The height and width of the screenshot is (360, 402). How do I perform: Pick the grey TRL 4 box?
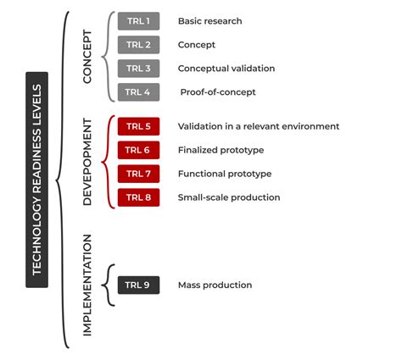click(x=136, y=91)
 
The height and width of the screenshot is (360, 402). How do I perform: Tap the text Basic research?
click(x=209, y=21)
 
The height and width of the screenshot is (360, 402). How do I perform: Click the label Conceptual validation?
click(x=226, y=69)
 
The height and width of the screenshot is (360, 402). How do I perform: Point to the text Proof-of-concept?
click(x=217, y=91)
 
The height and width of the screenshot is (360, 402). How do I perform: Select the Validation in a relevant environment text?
click(x=258, y=127)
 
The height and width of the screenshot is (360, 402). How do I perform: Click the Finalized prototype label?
click(x=221, y=150)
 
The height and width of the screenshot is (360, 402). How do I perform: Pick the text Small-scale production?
click(x=228, y=197)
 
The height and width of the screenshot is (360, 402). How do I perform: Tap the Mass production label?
click(x=215, y=285)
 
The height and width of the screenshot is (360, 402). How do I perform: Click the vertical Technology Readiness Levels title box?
click(x=36, y=179)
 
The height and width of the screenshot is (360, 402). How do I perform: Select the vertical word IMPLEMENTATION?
click(x=87, y=285)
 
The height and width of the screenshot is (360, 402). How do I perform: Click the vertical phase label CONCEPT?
click(x=87, y=56)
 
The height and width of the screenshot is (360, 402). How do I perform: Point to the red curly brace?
click(x=109, y=163)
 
